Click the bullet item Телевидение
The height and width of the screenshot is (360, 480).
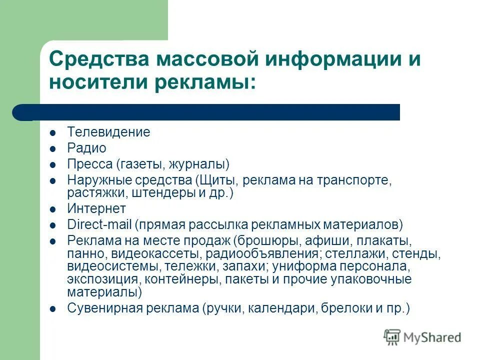click(x=108, y=132)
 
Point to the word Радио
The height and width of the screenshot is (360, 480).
click(x=86, y=148)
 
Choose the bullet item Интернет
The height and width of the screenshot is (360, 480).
click(x=96, y=208)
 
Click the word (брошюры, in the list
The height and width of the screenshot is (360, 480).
click(x=262, y=239)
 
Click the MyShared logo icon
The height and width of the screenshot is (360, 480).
click(x=392, y=337)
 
